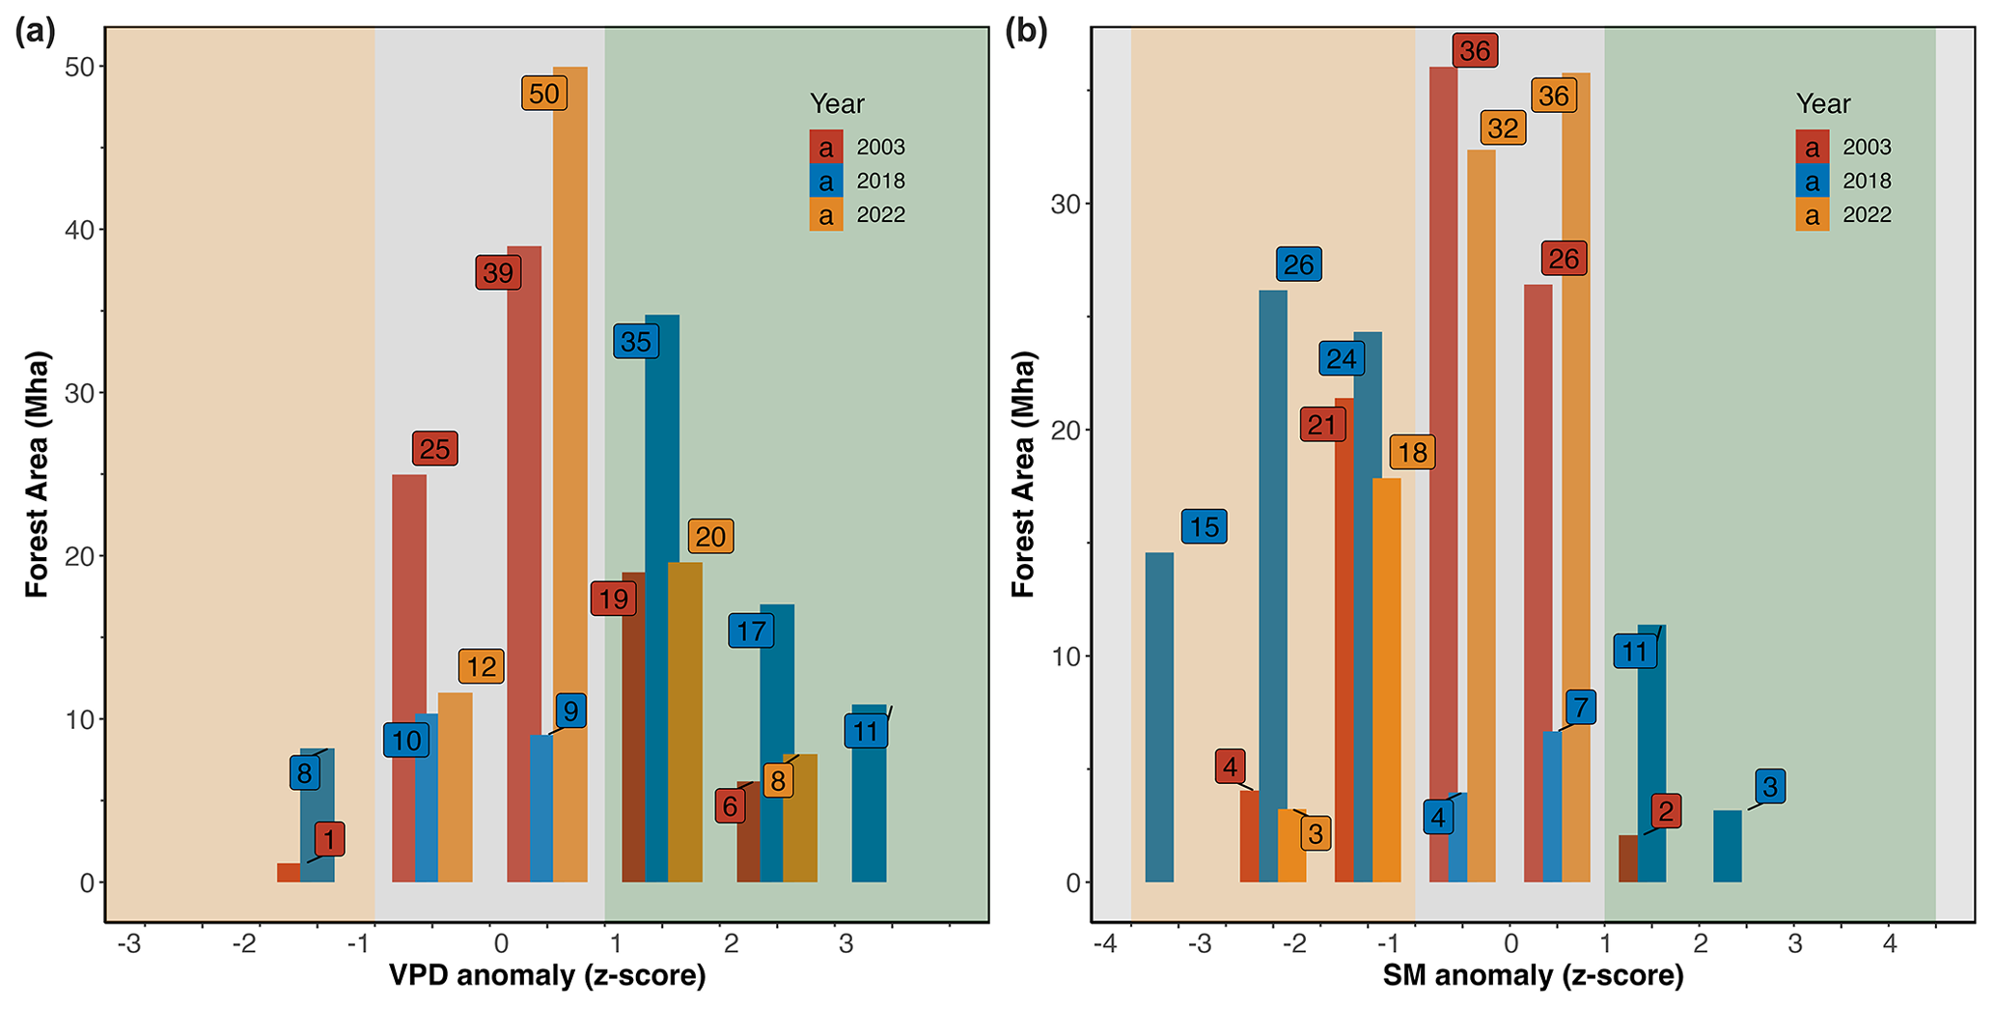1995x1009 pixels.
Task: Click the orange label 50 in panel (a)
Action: coord(544,94)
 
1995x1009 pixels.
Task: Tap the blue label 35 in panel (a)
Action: coord(635,342)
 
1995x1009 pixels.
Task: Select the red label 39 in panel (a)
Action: coord(497,273)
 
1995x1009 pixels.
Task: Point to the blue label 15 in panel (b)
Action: coord(1204,526)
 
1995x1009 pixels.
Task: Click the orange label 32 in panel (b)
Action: coord(1503,128)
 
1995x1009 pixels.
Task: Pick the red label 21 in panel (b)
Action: coord(1321,425)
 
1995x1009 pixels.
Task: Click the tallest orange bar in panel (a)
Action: coord(569,473)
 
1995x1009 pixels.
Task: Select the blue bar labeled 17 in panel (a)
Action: coord(777,743)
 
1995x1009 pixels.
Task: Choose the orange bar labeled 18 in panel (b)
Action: coord(1386,680)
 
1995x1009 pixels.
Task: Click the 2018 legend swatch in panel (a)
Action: coord(826,181)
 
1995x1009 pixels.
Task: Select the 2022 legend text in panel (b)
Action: coord(1867,214)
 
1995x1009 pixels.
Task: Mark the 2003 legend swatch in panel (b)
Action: coord(1813,147)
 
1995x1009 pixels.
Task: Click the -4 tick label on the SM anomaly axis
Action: coord(1104,944)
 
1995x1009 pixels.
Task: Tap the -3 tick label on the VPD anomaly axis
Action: coord(129,944)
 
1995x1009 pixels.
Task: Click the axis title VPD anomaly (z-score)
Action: coord(547,976)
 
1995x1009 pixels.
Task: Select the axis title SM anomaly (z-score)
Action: coord(1533,976)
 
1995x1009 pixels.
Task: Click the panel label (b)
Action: coord(1026,32)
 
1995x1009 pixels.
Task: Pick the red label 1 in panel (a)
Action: coord(329,839)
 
